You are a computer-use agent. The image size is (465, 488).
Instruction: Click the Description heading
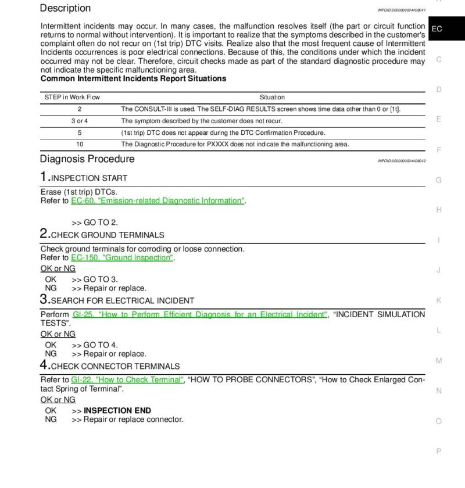65,8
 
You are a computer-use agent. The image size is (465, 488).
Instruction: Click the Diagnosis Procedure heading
87,159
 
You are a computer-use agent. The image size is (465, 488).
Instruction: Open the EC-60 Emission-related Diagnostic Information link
158,201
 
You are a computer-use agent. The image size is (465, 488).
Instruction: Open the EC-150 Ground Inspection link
122,258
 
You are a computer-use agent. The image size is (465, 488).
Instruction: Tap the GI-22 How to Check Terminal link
127,380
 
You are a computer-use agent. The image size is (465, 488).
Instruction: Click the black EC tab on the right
437,29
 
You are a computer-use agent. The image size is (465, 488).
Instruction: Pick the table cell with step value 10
80,144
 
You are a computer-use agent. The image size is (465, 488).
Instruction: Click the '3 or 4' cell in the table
80,121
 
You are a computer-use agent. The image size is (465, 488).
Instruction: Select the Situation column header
272,97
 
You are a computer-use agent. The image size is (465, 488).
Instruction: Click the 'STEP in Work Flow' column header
72,97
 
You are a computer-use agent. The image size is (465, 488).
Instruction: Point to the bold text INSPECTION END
117,410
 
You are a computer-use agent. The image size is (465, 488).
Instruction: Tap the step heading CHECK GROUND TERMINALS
108,235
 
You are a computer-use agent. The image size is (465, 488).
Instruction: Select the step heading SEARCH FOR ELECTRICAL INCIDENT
123,301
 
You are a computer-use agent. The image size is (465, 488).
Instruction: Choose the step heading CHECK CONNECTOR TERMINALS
115,367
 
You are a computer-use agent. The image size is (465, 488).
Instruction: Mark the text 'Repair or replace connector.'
133,419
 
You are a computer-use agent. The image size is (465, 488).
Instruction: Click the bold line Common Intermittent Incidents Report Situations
133,78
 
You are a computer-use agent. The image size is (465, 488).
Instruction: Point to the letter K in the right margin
439,300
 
